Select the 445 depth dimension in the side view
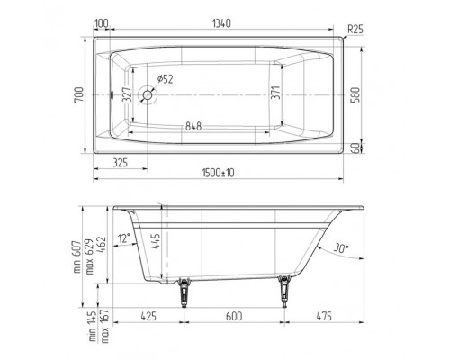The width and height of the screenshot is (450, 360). (156, 242)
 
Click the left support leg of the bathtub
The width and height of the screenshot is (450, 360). (185, 292)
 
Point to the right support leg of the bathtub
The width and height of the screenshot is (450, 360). (287, 292)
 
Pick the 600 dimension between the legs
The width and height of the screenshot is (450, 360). (236, 317)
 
